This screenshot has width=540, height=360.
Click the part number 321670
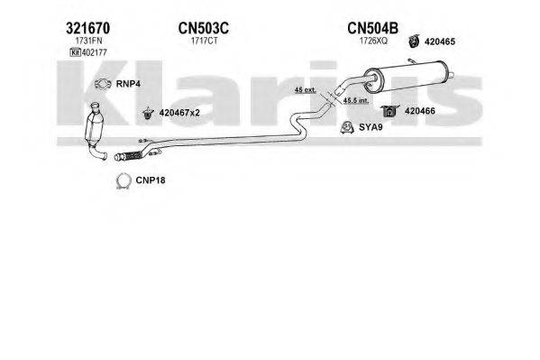pyautogui.click(x=87, y=28)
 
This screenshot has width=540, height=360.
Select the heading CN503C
pyautogui.click(x=203, y=28)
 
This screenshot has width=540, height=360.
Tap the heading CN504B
pyautogui.click(x=372, y=28)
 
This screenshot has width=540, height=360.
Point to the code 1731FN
pyautogui.click(x=89, y=41)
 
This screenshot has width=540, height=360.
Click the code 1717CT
pyautogui.click(x=205, y=41)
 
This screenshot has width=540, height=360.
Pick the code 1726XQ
pyautogui.click(x=373, y=41)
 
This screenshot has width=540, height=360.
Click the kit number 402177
pyautogui.click(x=95, y=52)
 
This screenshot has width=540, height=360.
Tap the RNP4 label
pyautogui.click(x=128, y=84)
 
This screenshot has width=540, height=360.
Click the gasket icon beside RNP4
pyautogui.click(x=103, y=84)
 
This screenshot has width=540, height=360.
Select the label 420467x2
pyautogui.click(x=179, y=113)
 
